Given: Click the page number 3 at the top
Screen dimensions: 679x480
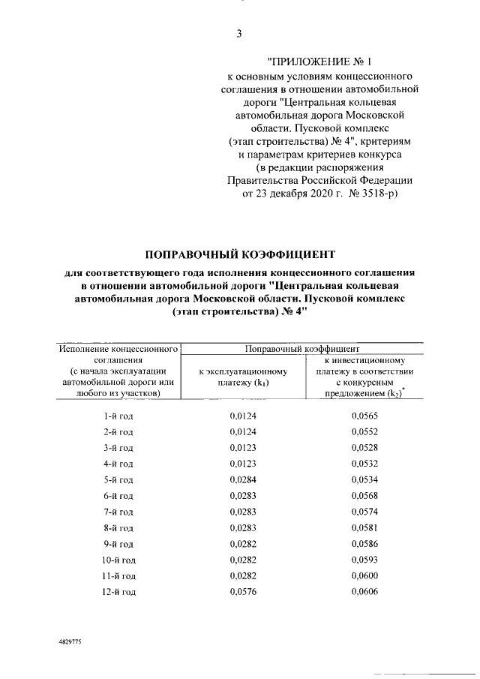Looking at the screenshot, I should (238, 33).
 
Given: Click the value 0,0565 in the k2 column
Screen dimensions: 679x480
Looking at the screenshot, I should (364, 415).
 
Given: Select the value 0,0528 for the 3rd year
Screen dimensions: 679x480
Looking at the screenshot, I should (364, 447).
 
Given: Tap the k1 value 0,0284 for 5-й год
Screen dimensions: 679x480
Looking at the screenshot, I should (242, 479).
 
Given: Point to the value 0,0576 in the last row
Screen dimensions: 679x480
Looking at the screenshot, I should (242, 592).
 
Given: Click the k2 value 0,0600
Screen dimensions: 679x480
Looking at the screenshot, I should (364, 575).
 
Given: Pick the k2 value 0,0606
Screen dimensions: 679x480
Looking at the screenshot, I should (364, 592).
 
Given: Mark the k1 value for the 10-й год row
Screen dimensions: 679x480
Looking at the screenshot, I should (242, 560).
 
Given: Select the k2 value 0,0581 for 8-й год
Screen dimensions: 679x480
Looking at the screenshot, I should (364, 527).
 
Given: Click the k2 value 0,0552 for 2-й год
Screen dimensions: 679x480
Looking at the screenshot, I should (364, 431).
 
